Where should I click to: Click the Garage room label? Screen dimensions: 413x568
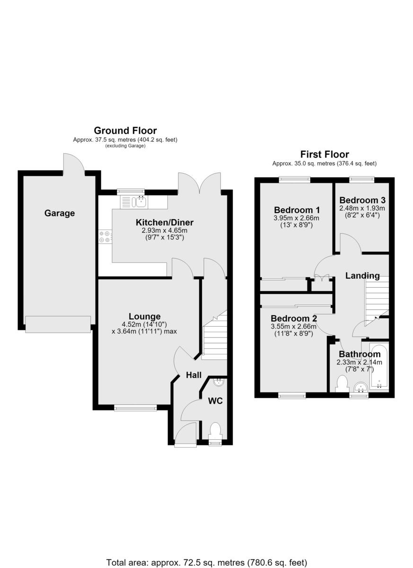point(60,213)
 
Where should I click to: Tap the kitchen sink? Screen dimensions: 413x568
point(134,202)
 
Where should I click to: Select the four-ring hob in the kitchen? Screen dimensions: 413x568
point(105,236)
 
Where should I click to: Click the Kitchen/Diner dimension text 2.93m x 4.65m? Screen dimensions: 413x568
point(165,231)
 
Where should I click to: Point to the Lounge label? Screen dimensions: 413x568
point(145,316)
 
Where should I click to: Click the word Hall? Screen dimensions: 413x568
point(193,375)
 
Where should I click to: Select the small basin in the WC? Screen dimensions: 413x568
point(219,382)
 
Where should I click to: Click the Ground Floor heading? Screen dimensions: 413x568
point(125,131)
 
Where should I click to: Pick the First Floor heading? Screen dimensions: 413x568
point(325,154)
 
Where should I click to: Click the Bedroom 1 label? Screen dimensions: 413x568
point(297,210)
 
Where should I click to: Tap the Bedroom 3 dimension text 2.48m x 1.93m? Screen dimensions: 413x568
point(362,208)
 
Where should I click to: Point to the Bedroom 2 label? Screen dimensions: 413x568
point(294,318)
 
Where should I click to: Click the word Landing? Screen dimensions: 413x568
point(362,275)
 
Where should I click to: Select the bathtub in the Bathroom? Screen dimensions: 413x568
point(379,366)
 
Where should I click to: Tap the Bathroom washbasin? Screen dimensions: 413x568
point(361,387)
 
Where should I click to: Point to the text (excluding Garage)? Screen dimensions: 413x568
point(125,146)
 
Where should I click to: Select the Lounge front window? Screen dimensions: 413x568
point(136,408)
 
